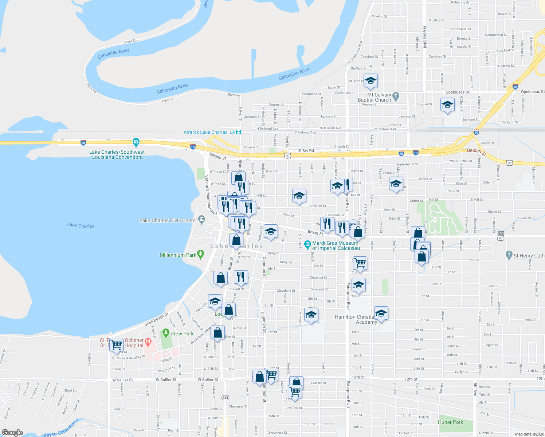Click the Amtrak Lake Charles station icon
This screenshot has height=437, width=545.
click(x=238, y=132)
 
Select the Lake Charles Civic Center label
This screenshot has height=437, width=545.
click(x=168, y=220)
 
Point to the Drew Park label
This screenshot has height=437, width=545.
click(x=182, y=334)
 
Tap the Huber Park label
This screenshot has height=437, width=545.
click(x=451, y=422)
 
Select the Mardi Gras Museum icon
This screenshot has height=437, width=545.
click(x=307, y=243)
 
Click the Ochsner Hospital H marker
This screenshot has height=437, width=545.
click(x=148, y=342)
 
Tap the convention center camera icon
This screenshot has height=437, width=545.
click(x=136, y=142)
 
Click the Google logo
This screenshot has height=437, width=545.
click(x=12, y=433)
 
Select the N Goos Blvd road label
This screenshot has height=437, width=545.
click(x=425, y=37)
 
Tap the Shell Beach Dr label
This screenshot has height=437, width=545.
click(x=157, y=319)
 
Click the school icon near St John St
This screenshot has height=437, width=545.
click(x=370, y=81)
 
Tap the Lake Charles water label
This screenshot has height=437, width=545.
click(x=81, y=225)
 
